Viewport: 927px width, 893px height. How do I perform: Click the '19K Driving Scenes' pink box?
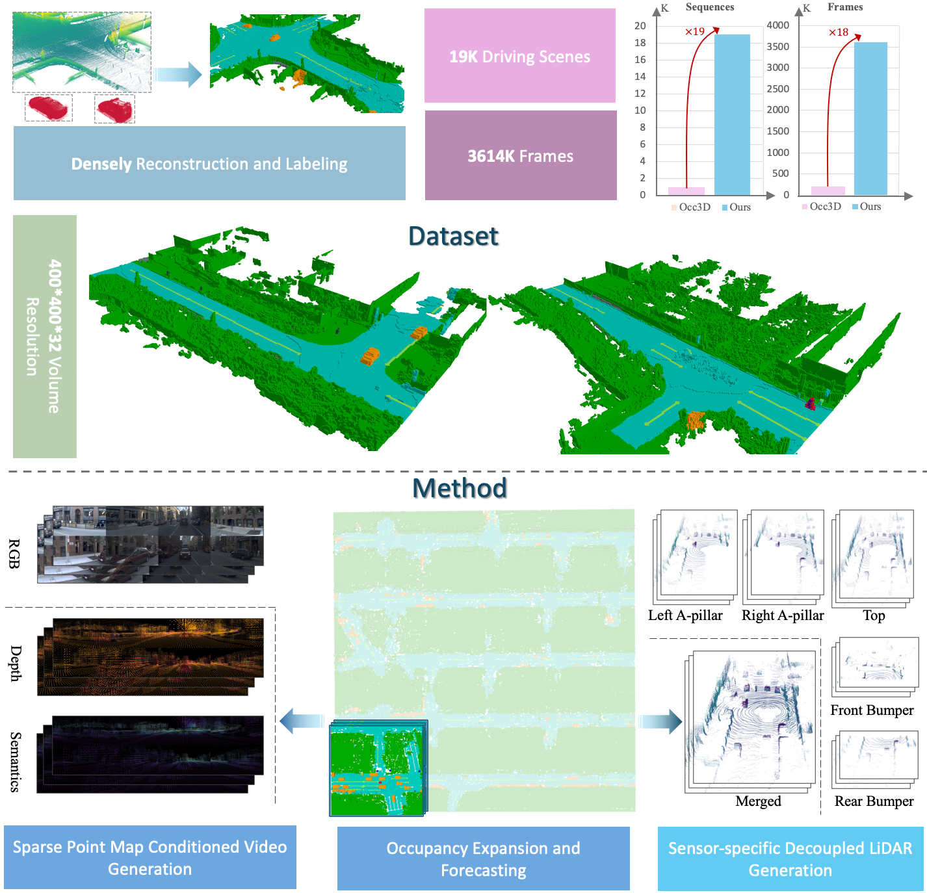[x=519, y=56]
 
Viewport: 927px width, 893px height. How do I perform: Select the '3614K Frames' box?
[x=520, y=156]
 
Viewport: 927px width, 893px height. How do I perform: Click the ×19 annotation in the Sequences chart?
[x=695, y=31]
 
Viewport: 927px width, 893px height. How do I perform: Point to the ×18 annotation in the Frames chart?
[x=838, y=32]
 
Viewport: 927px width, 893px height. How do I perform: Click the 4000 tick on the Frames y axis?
[x=777, y=25]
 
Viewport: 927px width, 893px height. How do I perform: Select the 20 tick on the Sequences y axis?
[x=640, y=26]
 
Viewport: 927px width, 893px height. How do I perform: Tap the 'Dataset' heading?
[x=453, y=236]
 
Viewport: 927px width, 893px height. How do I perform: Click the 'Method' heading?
[x=460, y=488]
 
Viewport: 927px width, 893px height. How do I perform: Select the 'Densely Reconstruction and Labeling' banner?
[x=209, y=164]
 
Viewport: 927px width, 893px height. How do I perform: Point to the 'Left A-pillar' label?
[x=685, y=615]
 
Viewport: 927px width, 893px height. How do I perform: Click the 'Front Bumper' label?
[x=872, y=710]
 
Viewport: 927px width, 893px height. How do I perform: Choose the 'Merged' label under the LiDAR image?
[x=758, y=801]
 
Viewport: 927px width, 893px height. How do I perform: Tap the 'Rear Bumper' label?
[x=874, y=801]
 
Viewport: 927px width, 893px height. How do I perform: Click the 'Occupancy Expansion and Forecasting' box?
[x=483, y=859]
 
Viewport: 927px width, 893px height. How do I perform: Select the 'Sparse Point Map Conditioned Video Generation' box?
[x=150, y=857]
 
